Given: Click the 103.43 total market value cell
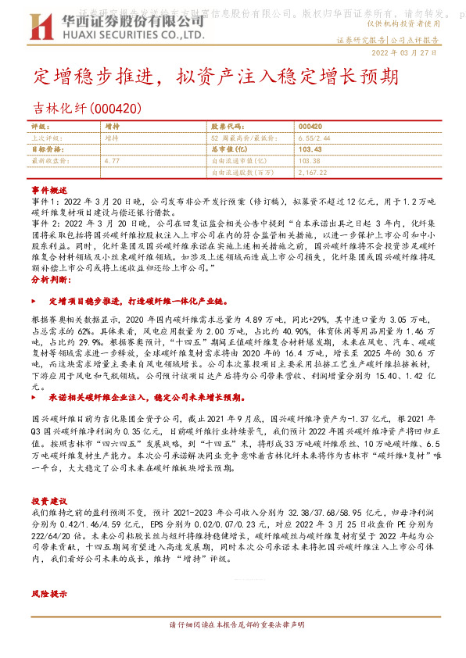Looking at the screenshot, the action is click(310, 148).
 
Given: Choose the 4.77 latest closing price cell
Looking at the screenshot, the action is click(112, 160).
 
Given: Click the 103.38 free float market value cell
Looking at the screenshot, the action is click(310, 160).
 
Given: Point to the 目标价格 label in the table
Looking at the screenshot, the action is click(45, 148).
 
